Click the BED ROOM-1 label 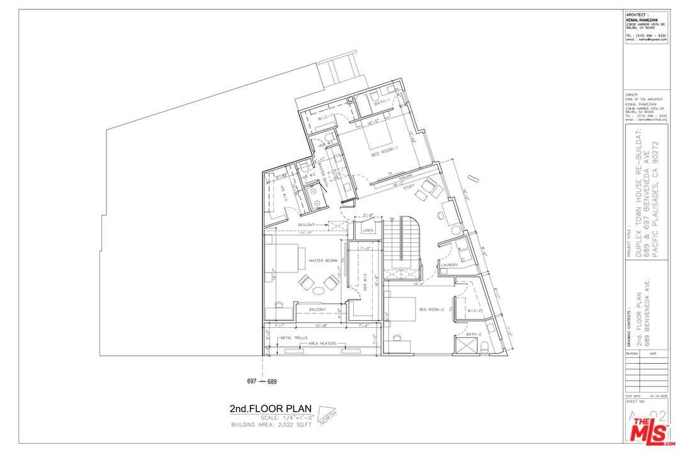384,154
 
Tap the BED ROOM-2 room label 432,310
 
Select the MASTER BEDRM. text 324,260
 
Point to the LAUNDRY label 450,265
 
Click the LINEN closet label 368,231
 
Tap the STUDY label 409,187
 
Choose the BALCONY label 318,310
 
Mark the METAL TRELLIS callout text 294,338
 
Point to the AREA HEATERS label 321,344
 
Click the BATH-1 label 380,102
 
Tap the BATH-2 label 473,334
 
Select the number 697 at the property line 252,382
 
